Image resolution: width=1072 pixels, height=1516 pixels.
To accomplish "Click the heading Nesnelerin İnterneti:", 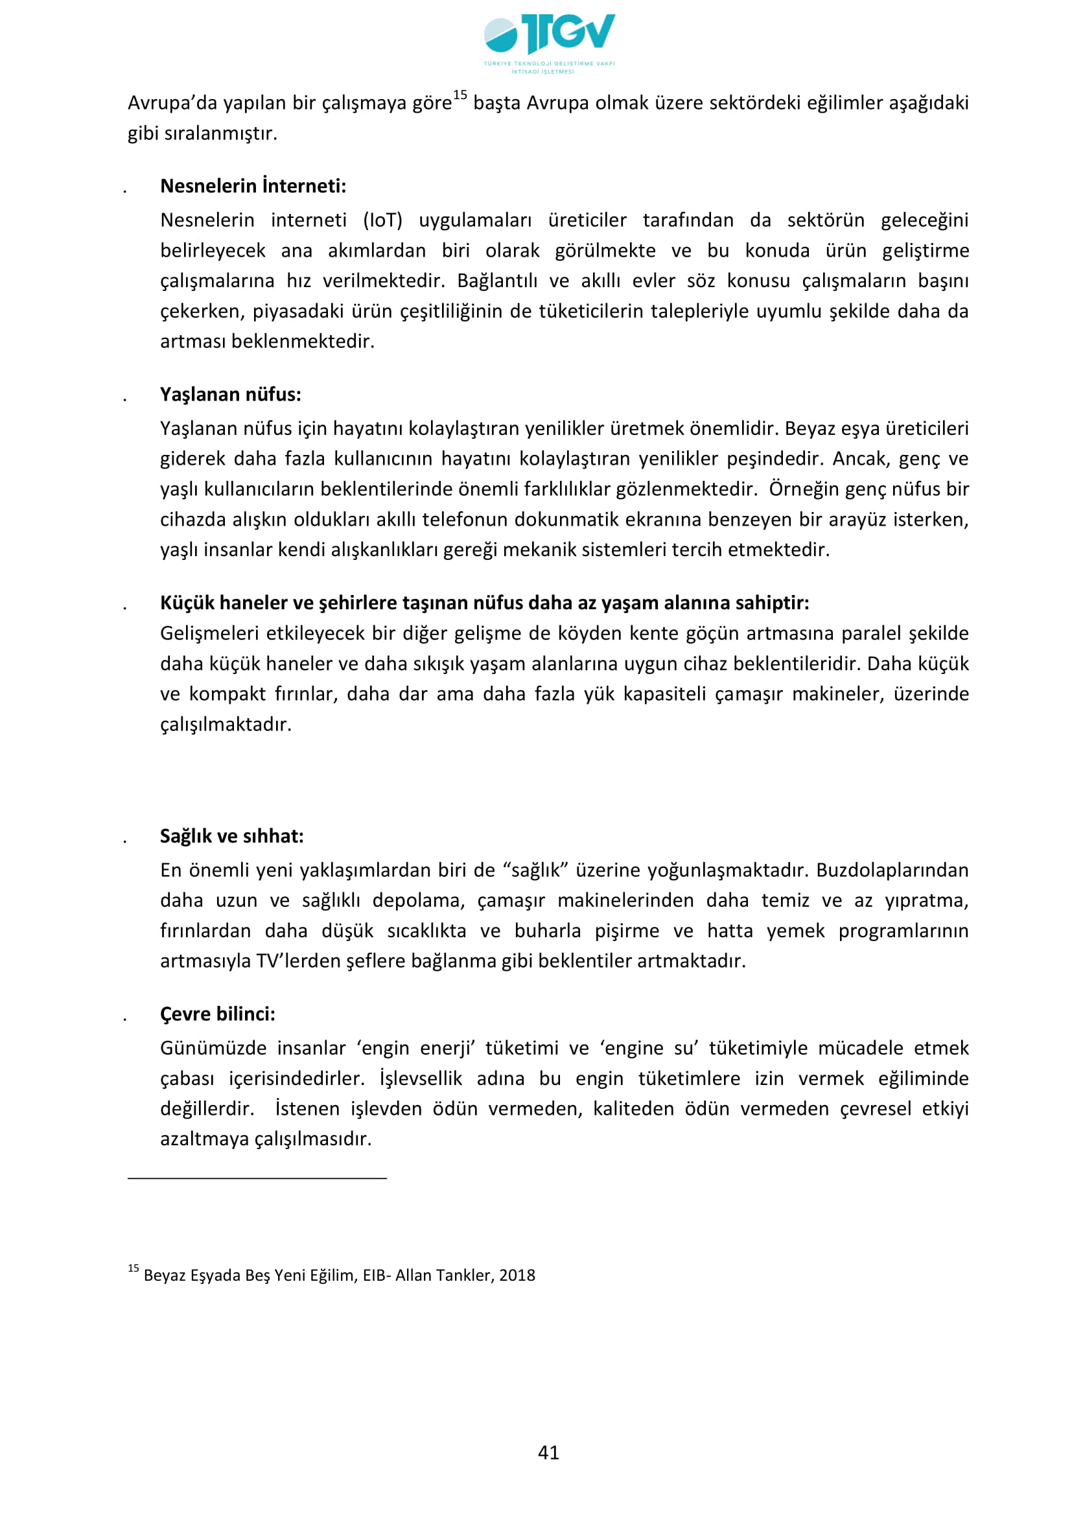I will tap(253, 186).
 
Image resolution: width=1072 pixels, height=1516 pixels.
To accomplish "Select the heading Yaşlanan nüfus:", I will tap(230, 394).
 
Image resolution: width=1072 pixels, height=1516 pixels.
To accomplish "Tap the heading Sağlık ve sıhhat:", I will tap(231, 836).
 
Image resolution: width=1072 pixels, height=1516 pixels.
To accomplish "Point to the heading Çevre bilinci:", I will tap(217, 1014).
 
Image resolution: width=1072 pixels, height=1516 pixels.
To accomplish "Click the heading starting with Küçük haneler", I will tap(484, 602).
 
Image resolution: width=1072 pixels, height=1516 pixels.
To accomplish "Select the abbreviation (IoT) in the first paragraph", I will tap(383, 220).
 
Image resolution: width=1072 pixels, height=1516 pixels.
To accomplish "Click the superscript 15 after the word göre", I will tap(460, 95).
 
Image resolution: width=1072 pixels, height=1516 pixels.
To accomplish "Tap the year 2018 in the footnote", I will tap(517, 1275).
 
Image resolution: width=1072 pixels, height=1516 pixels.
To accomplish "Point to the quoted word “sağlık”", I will tap(535, 870).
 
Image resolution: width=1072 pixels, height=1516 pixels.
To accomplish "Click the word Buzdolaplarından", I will tap(892, 870).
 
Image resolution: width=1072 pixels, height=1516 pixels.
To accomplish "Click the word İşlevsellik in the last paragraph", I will tap(421, 1078).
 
